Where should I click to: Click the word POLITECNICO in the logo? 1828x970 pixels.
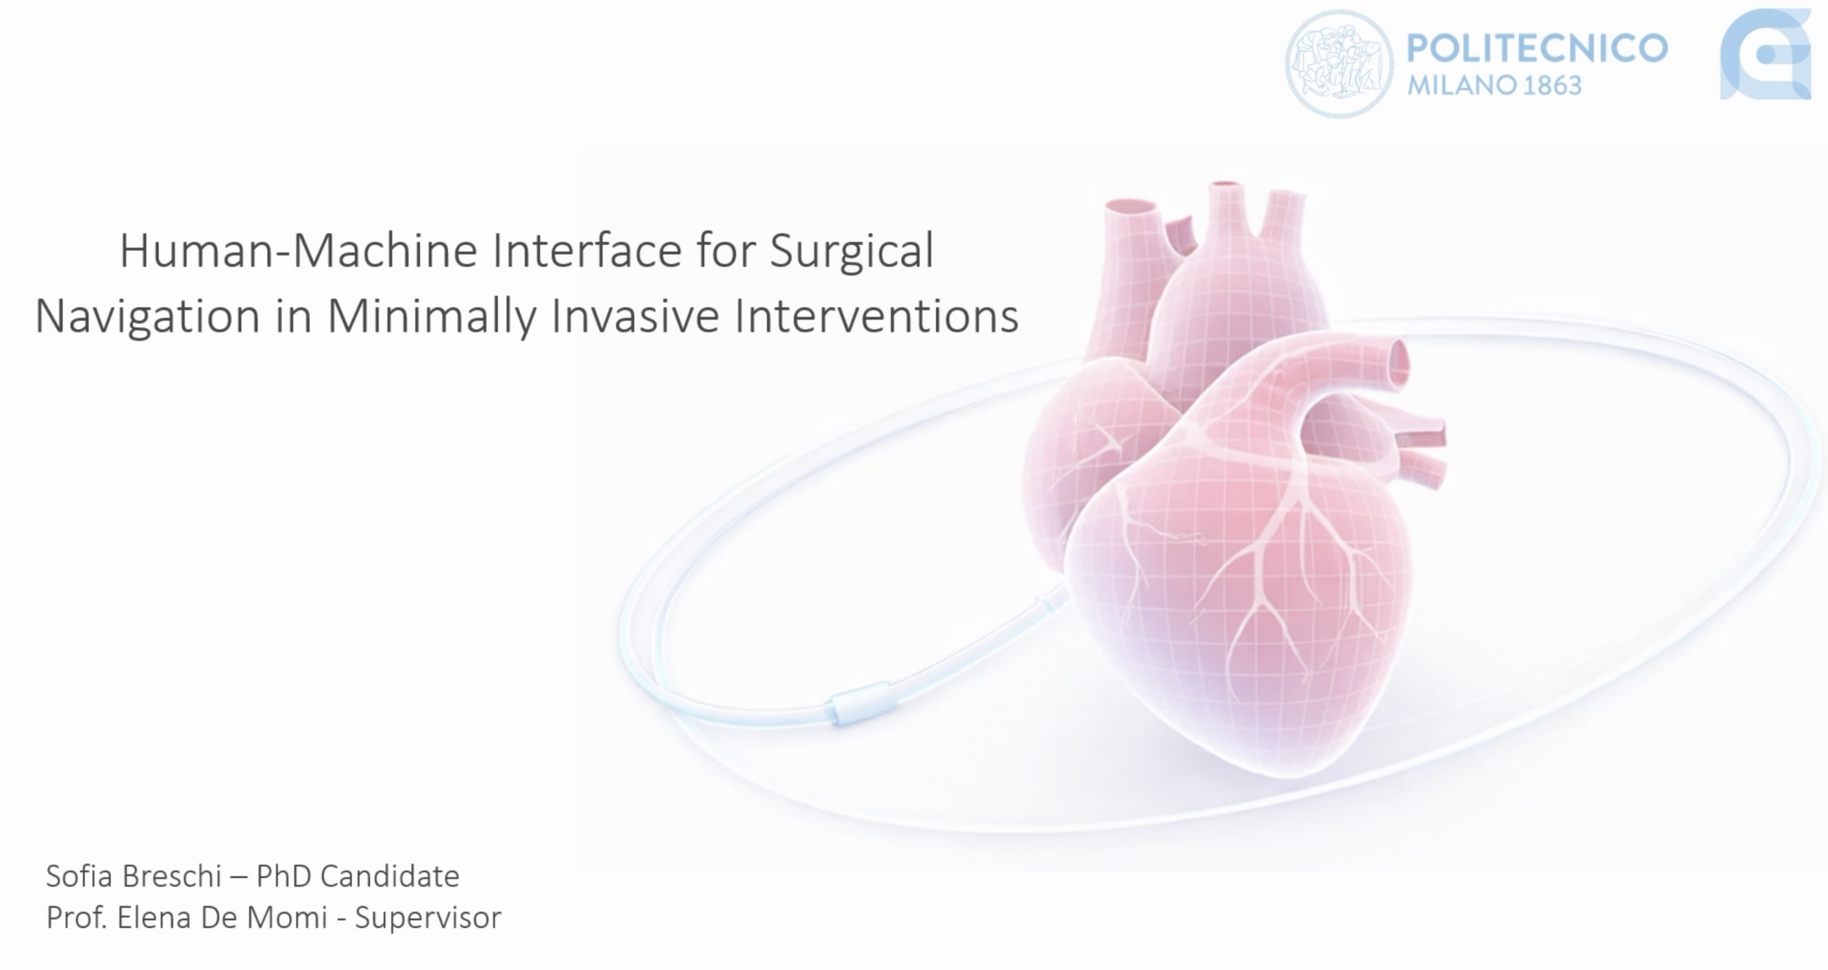point(1537,48)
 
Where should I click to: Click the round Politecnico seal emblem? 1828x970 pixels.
point(1339,64)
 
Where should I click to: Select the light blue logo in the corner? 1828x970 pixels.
point(1765,54)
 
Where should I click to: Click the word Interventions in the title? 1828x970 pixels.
point(876,316)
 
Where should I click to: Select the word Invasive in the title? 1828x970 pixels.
point(635,316)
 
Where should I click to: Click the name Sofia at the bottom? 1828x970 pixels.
point(81,876)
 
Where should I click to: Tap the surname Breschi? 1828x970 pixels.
point(172,876)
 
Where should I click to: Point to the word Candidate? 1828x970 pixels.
point(389,876)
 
